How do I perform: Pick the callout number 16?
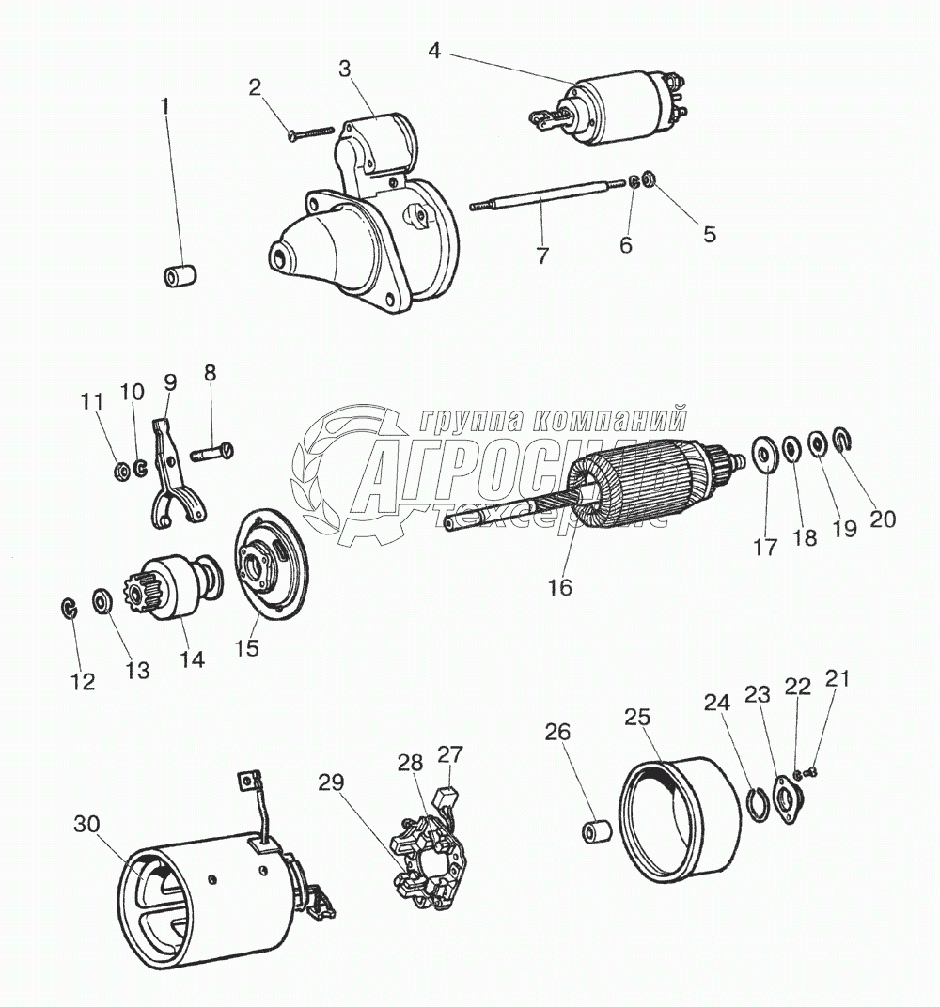(x=560, y=587)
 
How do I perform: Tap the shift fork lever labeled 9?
(x=178, y=470)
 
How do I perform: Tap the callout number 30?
(x=86, y=824)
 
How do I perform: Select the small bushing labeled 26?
(x=595, y=832)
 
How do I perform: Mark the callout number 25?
(x=637, y=717)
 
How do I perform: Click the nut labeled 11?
(x=121, y=467)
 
